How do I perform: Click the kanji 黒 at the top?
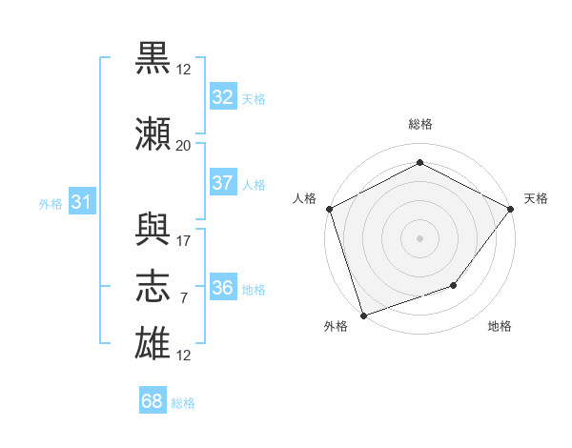(x=153, y=58)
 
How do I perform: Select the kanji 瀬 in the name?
(x=153, y=133)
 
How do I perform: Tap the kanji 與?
(x=153, y=229)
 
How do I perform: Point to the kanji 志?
(x=153, y=286)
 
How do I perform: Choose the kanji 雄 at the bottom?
(x=153, y=343)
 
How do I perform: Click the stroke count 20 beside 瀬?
(x=183, y=146)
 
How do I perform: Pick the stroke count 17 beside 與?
(x=183, y=241)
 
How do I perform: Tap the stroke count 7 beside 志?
(x=184, y=298)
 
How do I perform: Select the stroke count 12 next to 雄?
(x=183, y=356)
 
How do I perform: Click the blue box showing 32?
(x=223, y=96)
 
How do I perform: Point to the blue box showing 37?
(x=223, y=182)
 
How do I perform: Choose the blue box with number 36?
(x=223, y=286)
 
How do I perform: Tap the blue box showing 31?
(x=82, y=201)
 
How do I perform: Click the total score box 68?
(x=153, y=399)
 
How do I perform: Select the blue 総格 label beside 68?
(x=183, y=403)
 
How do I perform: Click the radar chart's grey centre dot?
(x=419, y=238)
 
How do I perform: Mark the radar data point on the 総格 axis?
(x=419, y=162)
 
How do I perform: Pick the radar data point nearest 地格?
(x=454, y=285)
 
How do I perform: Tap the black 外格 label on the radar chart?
(x=336, y=326)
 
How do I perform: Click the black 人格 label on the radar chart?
(x=304, y=198)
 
